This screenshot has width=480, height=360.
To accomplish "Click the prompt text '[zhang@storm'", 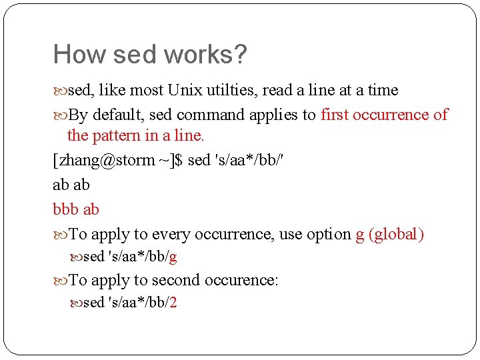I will coord(103,161).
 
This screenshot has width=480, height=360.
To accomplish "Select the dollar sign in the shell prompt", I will coord(177,161).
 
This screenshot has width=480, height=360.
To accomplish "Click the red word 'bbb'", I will coord(65,209).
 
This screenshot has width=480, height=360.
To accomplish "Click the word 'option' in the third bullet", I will coord(329,234).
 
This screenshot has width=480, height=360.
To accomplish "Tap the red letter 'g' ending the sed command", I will coord(173,257).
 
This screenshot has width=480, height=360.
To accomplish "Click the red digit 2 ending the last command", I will coord(173,303).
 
